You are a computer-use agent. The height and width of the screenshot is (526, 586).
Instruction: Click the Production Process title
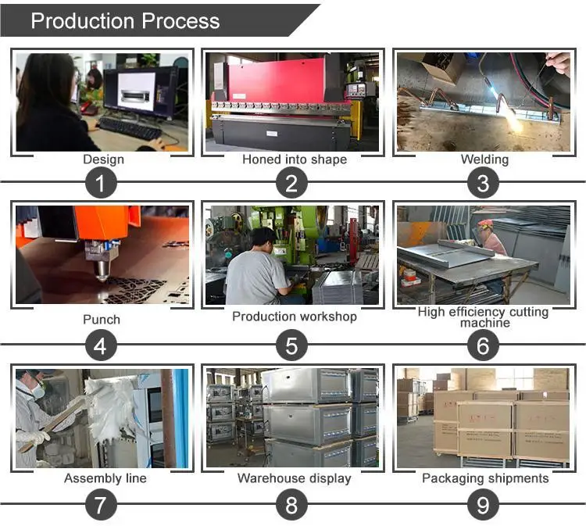click(125, 21)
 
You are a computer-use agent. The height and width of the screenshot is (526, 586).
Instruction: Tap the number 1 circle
click(101, 184)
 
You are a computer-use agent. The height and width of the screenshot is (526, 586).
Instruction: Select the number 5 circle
click(292, 344)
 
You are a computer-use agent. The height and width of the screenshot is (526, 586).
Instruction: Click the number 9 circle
click(484, 504)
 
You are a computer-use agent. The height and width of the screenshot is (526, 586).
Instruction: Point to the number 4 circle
click(101, 344)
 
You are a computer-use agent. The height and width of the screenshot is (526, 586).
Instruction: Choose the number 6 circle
click(484, 344)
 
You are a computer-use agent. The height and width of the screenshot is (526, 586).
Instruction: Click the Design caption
click(103, 159)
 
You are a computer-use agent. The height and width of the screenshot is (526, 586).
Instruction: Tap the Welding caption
click(484, 159)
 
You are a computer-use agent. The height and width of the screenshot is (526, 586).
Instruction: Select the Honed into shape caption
click(294, 159)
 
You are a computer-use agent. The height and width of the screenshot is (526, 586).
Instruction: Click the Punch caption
click(102, 319)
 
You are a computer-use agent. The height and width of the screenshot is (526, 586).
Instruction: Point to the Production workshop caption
click(294, 317)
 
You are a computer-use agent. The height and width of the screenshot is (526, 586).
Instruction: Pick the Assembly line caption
click(105, 478)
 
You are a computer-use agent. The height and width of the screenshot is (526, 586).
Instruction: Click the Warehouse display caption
click(294, 478)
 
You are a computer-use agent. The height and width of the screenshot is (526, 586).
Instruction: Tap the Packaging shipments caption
click(485, 478)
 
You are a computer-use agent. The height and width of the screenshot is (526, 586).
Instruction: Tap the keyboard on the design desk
click(129, 128)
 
